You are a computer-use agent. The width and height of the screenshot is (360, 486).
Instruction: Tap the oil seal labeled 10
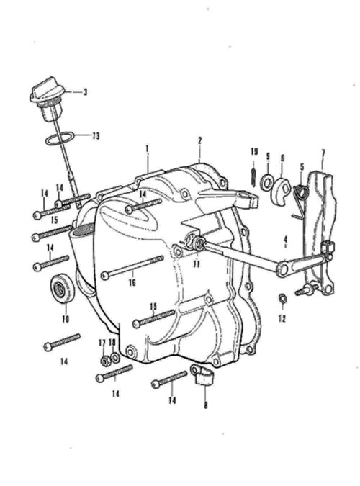pos(63,288)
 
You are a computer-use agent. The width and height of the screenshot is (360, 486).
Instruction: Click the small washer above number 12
pos(282,298)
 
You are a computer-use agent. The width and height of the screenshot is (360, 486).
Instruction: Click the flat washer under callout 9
pos(266,181)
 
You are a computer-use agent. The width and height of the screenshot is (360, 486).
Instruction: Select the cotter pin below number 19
pos(253,178)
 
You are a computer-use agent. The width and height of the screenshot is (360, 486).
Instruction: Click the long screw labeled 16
pos(132,266)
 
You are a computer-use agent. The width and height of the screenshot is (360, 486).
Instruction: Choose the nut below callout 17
pos(104,360)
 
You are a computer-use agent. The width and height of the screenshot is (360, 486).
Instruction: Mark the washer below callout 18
pos(114,358)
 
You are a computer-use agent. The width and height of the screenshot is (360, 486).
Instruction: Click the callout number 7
pos(323,153)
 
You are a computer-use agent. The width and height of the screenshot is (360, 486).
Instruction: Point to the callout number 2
pos(200,140)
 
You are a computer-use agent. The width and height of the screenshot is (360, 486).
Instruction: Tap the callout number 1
pos(148,148)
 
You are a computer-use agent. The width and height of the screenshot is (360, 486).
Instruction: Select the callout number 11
pos(197,264)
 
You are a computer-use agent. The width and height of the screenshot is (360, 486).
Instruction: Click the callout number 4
pos(285,240)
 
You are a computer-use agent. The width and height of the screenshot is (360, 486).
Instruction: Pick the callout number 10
pos(66,319)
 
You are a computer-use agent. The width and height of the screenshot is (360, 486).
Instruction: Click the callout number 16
pos(132,283)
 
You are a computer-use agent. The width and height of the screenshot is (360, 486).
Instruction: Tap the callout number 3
pos(85,92)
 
